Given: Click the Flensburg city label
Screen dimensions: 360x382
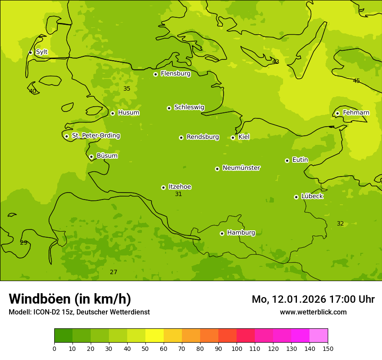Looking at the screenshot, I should pyautogui.click(x=175, y=74).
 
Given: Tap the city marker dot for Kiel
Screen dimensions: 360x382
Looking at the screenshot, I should pyautogui.click(x=233, y=137).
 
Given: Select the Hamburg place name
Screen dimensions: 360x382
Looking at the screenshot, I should pyautogui.click(x=241, y=233).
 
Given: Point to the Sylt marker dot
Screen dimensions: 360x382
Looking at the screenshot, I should pyautogui.click(x=30, y=52).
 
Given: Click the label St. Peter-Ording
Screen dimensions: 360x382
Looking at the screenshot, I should pyautogui.click(x=95, y=136).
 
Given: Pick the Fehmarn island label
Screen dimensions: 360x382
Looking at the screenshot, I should pyautogui.click(x=356, y=113).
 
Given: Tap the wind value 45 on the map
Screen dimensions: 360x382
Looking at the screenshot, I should pyautogui.click(x=356, y=81).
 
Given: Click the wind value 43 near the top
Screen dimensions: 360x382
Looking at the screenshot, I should pyautogui.click(x=276, y=62).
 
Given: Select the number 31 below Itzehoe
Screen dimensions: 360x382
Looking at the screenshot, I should pyautogui.click(x=178, y=194).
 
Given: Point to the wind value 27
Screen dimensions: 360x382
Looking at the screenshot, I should pyautogui.click(x=113, y=272).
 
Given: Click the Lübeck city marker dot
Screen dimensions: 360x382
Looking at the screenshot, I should pyautogui.click(x=296, y=197).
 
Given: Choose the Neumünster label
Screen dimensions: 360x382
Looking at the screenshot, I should pyautogui.click(x=241, y=168).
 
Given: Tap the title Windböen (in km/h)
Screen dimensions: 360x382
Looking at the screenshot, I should pyautogui.click(x=70, y=299).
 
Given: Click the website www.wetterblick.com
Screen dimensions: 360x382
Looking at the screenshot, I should pyautogui.click(x=313, y=312).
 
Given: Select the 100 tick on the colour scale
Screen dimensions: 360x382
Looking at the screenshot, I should pyautogui.click(x=237, y=348).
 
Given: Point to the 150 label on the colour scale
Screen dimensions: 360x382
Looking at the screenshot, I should pyautogui.click(x=328, y=348).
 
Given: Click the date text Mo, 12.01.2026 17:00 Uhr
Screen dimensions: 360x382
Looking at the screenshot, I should pyautogui.click(x=313, y=299).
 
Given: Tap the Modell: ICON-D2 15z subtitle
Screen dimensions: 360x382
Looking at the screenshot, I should pyautogui.click(x=79, y=312).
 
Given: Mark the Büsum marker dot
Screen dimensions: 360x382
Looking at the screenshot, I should pyautogui.click(x=91, y=157).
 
